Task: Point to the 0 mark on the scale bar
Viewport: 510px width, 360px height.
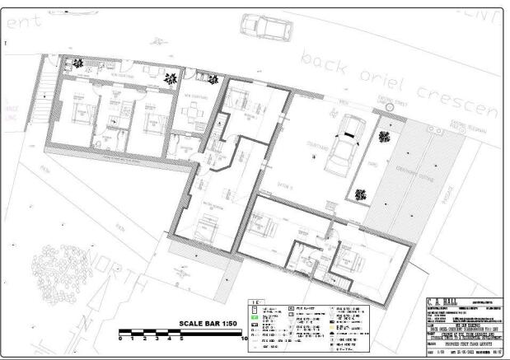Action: pos(120,339)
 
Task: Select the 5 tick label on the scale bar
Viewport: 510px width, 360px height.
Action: pos(182,339)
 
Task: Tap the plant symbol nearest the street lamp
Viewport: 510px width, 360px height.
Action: pos(383,136)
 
